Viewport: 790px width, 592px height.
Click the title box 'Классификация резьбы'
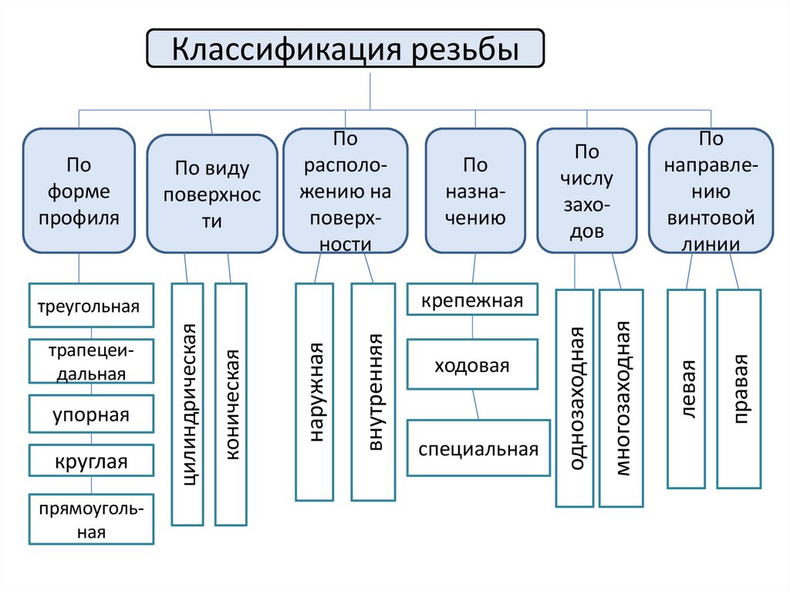pyautogui.click(x=345, y=49)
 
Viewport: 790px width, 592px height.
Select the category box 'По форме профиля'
pyautogui.click(x=79, y=191)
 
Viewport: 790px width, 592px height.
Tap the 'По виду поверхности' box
pyautogui.click(x=212, y=195)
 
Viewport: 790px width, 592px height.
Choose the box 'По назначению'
pyautogui.click(x=475, y=191)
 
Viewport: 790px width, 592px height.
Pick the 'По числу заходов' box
pyautogui.click(x=586, y=191)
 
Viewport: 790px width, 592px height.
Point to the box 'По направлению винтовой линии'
pyautogui.click(x=711, y=191)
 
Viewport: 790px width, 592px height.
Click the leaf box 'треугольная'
pyautogui.click(x=91, y=306)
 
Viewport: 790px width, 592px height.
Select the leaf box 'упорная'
pyautogui.click(x=91, y=415)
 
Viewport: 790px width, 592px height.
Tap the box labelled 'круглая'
pyautogui.click(x=91, y=462)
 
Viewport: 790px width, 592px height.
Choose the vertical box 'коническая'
pyautogui.click(x=231, y=404)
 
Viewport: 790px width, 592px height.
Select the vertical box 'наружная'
pyautogui.click(x=315, y=392)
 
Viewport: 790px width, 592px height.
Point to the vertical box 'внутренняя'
pyautogui.click(x=373, y=392)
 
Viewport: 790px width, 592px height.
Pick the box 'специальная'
pyautogui.click(x=478, y=448)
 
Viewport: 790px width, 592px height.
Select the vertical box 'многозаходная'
pyautogui.click(x=621, y=398)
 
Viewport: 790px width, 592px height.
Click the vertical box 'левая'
pyautogui.click(x=687, y=389)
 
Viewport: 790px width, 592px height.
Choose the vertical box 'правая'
pyautogui.click(x=739, y=389)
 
